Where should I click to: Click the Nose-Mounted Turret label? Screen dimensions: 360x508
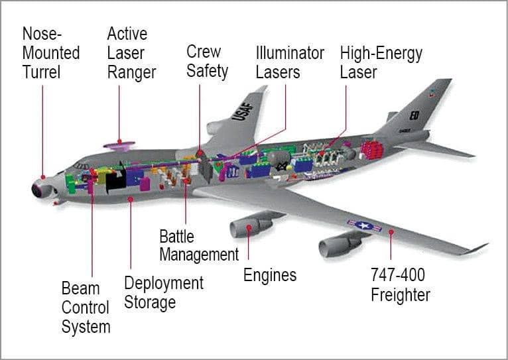pyautogui.click(x=51, y=52)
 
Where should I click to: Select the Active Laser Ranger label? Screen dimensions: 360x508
pyautogui.click(x=131, y=52)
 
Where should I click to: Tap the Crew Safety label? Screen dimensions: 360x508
pyautogui.click(x=207, y=61)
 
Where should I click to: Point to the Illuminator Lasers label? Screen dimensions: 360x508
pyautogui.click(x=290, y=62)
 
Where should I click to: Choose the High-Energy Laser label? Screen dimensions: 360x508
pyautogui.click(x=381, y=62)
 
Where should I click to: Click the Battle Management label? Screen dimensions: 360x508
pyautogui.click(x=198, y=245)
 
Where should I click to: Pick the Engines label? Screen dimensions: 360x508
pyautogui.click(x=269, y=274)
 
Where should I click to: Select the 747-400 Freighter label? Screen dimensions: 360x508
pyautogui.click(x=400, y=284)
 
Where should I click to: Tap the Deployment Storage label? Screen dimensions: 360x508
pyautogui.click(x=163, y=292)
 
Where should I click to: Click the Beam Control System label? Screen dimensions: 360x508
pyautogui.click(x=86, y=308)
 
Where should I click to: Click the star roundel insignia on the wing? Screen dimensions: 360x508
pyautogui.click(x=364, y=225)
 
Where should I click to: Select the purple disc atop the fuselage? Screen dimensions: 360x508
pyautogui.click(x=119, y=144)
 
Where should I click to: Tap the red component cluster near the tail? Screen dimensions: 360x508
pyautogui.click(x=372, y=149)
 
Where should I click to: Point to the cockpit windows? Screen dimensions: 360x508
pyautogui.click(x=81, y=166)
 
